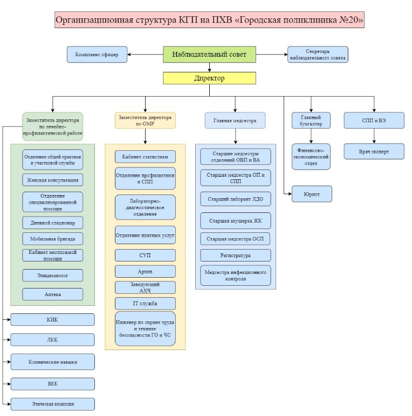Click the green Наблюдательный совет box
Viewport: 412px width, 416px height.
tap(209, 54)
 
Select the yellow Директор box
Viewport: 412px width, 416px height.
tap(209, 78)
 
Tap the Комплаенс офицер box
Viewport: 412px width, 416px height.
tap(97, 54)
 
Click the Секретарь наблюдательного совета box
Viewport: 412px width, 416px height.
tap(318, 54)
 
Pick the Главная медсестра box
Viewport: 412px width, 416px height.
tap(235, 120)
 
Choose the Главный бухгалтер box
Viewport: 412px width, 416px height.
tap(310, 120)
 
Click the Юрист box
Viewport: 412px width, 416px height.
tap(311, 193)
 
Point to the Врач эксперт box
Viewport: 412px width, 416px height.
tap(374, 151)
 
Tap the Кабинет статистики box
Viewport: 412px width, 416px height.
tap(145, 157)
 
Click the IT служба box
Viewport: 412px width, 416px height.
tap(145, 303)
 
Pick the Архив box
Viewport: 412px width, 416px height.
tap(145, 271)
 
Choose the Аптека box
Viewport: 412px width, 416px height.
tap(53, 294)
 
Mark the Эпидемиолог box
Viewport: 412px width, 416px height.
tap(53, 275)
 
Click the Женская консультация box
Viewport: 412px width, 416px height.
tap(53, 179)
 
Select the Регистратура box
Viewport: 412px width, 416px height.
tap(235, 255)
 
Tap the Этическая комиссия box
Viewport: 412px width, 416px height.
tap(52, 404)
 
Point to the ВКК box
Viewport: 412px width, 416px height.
tap(52, 384)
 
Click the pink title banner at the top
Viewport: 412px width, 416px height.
tap(209, 21)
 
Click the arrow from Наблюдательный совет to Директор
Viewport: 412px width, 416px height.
tap(209, 66)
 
